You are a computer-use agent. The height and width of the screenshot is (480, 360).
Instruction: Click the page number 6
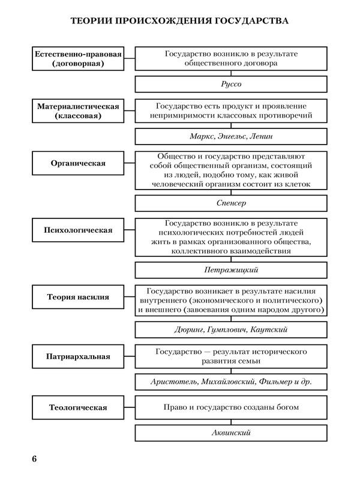click(x=35, y=459)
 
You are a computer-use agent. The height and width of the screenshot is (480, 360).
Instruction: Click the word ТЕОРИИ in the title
click(x=93, y=22)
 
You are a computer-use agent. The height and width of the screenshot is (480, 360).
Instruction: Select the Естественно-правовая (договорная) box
click(x=78, y=58)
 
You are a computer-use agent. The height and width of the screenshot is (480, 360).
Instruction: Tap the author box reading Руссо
click(x=231, y=84)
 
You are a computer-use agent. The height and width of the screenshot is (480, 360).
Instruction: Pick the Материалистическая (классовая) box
click(x=78, y=111)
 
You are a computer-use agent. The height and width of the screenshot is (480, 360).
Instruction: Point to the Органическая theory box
click(x=78, y=163)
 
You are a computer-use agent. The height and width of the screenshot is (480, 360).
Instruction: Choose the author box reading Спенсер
click(x=231, y=203)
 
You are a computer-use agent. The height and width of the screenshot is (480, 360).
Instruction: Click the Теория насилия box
click(x=78, y=296)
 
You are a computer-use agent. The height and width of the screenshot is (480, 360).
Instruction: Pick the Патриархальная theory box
click(x=78, y=356)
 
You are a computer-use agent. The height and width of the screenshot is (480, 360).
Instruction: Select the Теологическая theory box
click(x=78, y=408)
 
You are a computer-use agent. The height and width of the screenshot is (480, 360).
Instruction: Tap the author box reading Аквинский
click(x=231, y=433)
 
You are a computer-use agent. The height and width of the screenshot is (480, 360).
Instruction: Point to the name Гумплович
click(x=229, y=329)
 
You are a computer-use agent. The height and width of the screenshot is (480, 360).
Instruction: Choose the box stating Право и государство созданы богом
click(x=231, y=407)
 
